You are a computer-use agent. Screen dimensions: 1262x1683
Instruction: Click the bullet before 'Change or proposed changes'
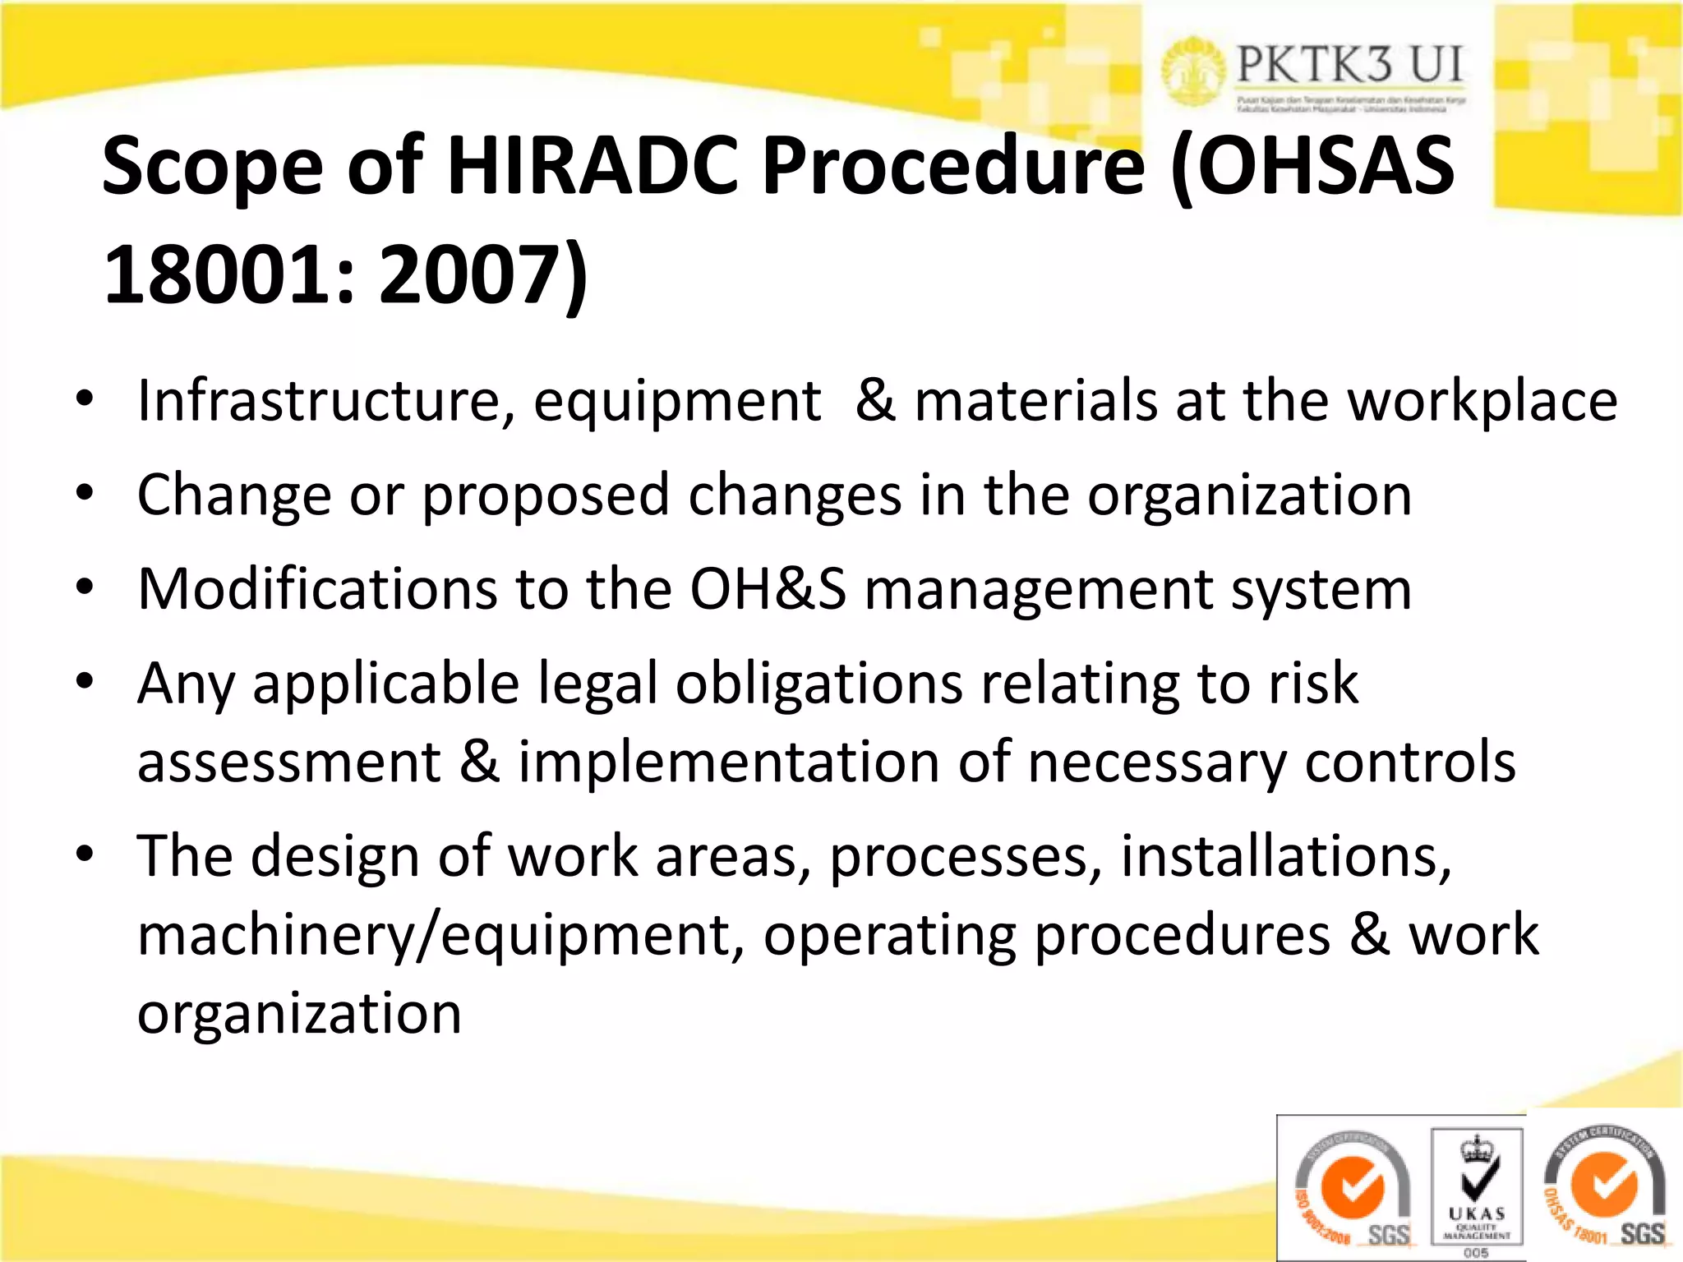click(x=85, y=495)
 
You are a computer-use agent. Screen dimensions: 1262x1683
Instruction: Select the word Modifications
click(x=317, y=589)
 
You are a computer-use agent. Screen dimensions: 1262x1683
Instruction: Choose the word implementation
click(x=728, y=762)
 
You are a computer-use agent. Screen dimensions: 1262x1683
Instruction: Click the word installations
click(x=1286, y=856)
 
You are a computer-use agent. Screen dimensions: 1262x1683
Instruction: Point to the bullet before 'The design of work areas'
click(x=85, y=855)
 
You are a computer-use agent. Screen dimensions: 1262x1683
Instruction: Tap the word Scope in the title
click(x=212, y=167)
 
